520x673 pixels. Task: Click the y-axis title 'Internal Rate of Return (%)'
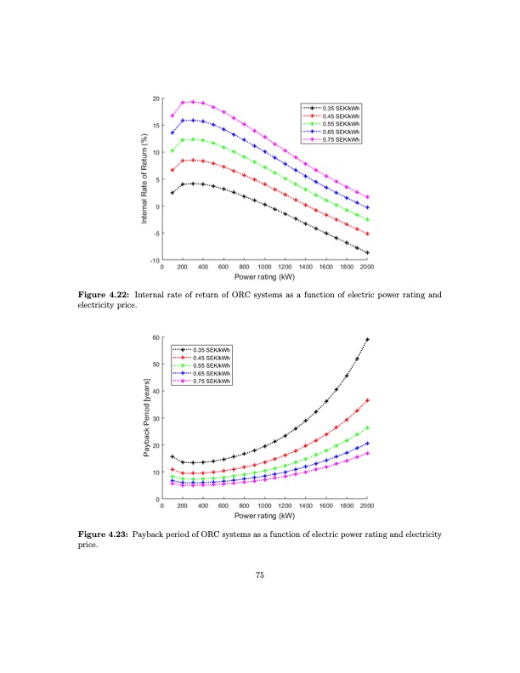coord(145,179)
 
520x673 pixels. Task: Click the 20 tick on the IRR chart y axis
coord(155,99)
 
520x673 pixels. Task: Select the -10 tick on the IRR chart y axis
coord(153,260)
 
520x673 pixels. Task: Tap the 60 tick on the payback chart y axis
coord(155,337)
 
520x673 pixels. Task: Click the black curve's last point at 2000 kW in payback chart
coord(367,339)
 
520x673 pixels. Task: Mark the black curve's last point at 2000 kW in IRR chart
coord(367,252)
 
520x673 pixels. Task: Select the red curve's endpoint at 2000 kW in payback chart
coord(367,400)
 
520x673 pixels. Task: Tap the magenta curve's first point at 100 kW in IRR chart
coord(172,116)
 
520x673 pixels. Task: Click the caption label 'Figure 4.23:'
coord(104,534)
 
